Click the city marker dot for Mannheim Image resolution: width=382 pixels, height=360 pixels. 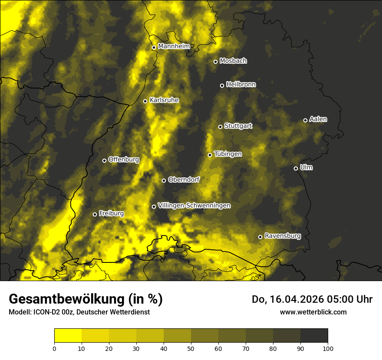[154, 48]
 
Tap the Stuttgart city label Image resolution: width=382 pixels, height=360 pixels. [238, 126]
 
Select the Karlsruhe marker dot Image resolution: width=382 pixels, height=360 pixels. [145, 101]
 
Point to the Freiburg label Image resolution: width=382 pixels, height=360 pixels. [111, 213]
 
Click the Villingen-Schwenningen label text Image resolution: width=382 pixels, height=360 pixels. [194, 206]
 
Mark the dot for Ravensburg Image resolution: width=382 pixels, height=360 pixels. [260, 237]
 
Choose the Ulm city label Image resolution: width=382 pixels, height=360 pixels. [306, 167]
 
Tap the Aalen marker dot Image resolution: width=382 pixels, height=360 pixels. [305, 120]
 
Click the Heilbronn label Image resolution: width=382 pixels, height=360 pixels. [241, 85]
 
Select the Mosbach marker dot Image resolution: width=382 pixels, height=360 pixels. [215, 62]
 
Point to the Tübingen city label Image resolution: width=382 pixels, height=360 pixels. [228, 154]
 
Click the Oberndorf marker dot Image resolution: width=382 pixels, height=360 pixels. [164, 180]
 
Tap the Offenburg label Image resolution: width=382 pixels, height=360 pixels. [124, 160]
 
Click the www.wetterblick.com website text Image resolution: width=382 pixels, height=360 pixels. [313, 312]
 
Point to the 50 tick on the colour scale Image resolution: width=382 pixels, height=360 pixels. [191, 348]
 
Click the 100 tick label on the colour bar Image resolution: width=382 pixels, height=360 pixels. [328, 348]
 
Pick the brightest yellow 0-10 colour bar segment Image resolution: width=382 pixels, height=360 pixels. [68, 336]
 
